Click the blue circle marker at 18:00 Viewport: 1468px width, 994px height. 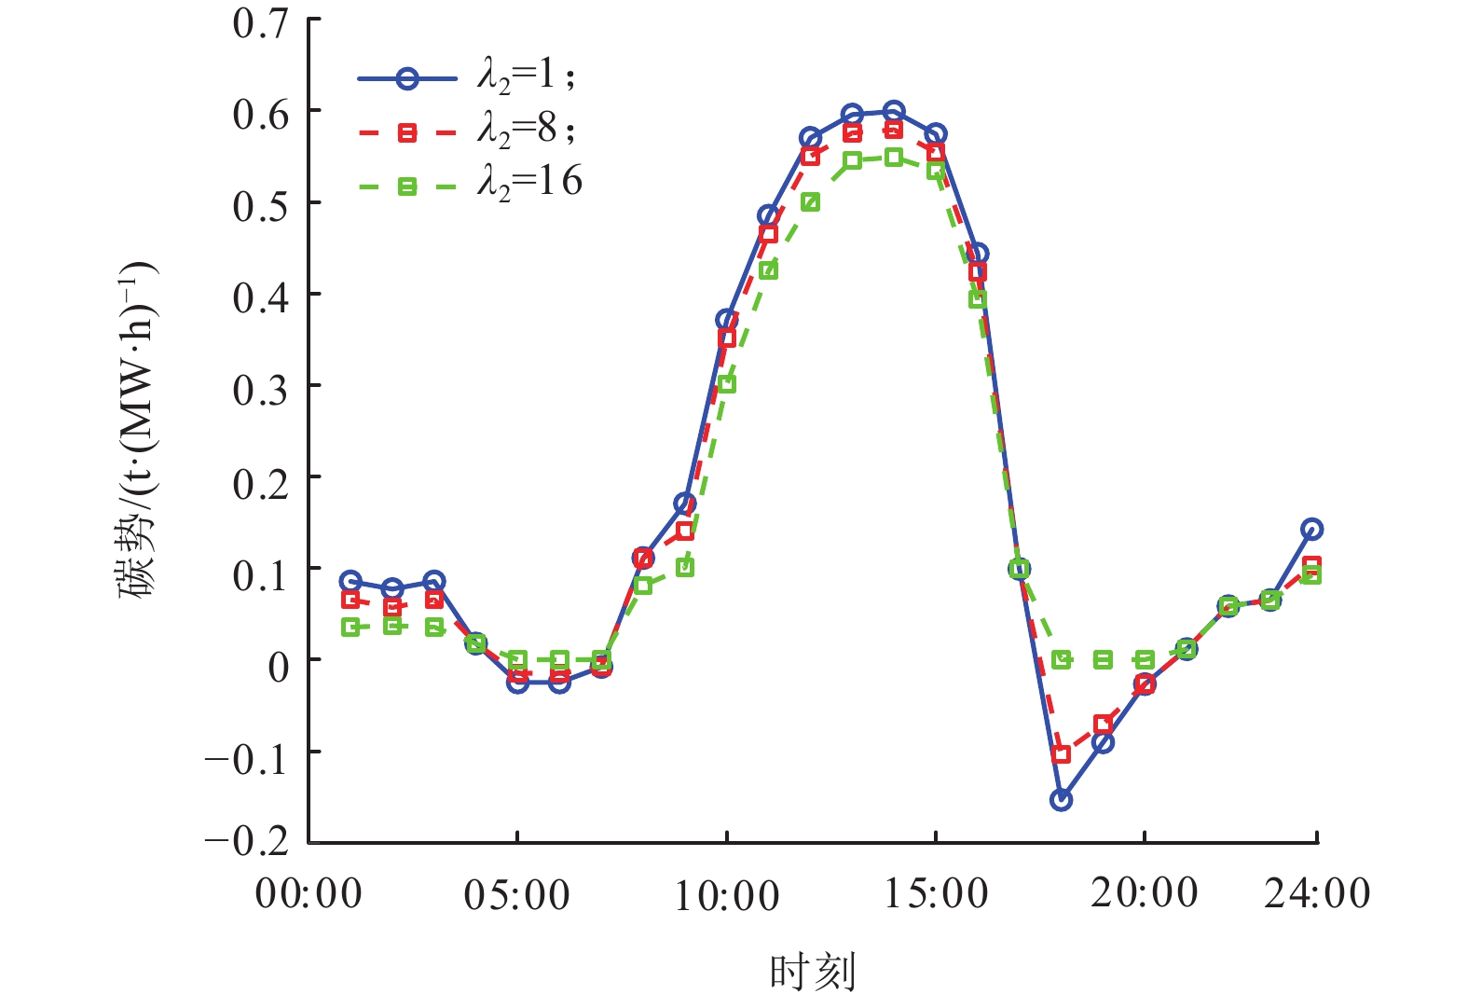1061,799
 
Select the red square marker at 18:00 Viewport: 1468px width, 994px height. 1061,753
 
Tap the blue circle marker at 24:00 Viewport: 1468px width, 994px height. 1311,529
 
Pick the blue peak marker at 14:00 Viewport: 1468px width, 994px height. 894,111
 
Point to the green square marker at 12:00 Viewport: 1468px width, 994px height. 810,202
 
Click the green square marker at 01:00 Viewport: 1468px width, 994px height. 350,628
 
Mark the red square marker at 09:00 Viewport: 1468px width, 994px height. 685,532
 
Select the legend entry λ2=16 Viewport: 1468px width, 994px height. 530,183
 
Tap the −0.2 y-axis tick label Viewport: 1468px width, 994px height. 248,841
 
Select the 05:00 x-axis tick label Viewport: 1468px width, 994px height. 516,895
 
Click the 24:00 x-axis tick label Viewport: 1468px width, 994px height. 1316,893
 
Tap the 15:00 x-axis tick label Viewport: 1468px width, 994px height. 936,893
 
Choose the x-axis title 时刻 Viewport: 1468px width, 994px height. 812,972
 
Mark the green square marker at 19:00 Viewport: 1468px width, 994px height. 1103,659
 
